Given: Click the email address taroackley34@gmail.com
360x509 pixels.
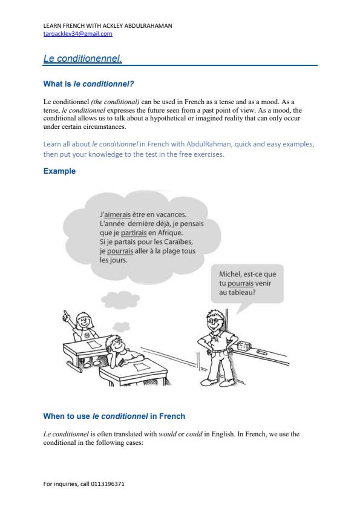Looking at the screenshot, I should (78, 34).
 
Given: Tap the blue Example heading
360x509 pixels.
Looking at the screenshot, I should (59, 171).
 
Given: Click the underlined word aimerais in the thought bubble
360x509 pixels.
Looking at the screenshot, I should (119, 214).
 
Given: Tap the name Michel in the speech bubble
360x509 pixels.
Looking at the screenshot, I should (231, 274).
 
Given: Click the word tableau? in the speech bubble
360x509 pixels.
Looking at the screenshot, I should (240, 292).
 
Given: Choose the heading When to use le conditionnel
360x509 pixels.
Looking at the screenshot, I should (114, 416).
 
